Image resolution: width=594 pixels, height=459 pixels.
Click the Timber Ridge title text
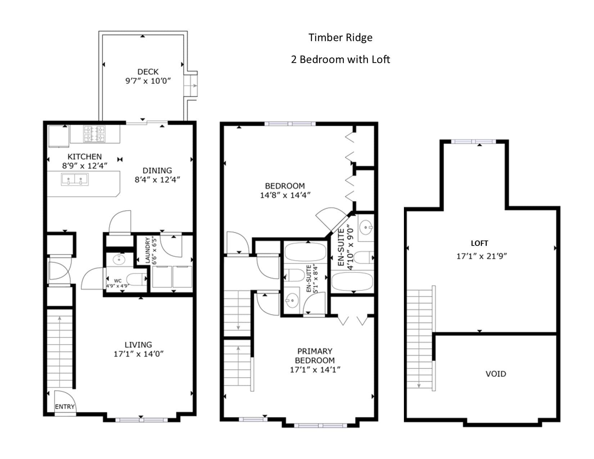coord(340,38)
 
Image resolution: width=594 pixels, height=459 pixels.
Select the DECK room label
coord(148,72)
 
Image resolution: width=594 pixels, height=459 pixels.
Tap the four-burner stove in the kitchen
coord(94,134)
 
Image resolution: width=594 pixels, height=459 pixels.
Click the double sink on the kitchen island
coord(75,180)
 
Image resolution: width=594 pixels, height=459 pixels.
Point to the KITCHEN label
coord(85,157)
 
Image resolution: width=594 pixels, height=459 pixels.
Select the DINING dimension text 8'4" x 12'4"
coord(157,180)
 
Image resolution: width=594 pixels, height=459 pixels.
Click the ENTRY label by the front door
coord(65,406)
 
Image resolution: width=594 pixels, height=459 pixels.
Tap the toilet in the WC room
coord(137,279)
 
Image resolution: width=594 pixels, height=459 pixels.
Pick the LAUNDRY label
coord(148,250)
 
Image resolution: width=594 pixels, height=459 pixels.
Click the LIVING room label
coord(138,345)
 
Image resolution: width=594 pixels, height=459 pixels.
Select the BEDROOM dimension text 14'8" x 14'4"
coord(285,195)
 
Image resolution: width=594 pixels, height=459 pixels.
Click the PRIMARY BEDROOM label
coord(315,356)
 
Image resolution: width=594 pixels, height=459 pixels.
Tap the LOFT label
coord(479,243)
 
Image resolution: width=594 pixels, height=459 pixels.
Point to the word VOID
coord(496,374)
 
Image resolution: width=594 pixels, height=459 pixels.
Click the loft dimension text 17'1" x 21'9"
coord(482,256)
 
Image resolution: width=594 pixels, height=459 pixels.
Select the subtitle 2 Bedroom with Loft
coord(340,60)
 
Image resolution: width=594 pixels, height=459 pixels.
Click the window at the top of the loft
coord(473,141)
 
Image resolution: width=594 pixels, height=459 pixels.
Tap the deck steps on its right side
coord(190,86)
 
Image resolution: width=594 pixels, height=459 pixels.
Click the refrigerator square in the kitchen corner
coord(59,136)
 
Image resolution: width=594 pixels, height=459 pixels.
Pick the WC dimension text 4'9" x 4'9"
coord(118,286)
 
